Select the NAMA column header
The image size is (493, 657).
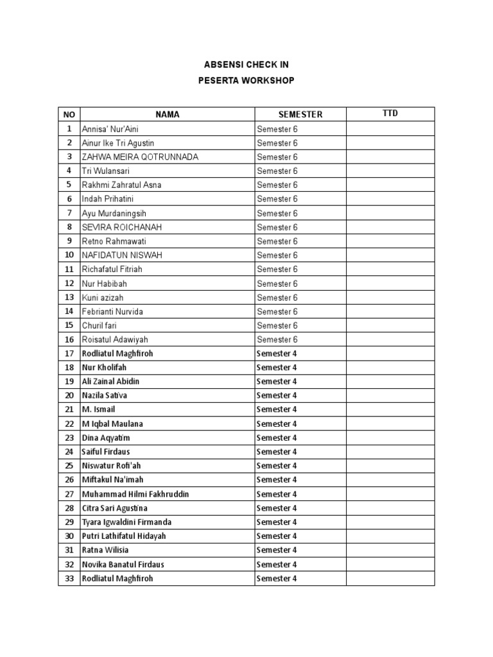pos(167,114)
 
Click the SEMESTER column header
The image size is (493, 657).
pos(300,114)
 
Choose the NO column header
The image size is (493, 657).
pos(69,114)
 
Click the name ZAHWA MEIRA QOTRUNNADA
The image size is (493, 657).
pos(140,157)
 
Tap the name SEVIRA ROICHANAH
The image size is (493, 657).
pos(122,227)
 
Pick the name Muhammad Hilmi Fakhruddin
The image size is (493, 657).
pos(135,494)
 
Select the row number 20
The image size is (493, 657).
pos(69,396)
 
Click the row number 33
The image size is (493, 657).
pos(69,578)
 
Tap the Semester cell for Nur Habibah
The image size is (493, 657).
pos(277,284)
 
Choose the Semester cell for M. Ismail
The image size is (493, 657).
pos(277,409)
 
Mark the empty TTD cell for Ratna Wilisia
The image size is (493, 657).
pos(390,550)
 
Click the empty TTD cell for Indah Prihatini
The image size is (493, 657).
pos(390,199)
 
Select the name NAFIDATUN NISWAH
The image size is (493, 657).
pos(122,255)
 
